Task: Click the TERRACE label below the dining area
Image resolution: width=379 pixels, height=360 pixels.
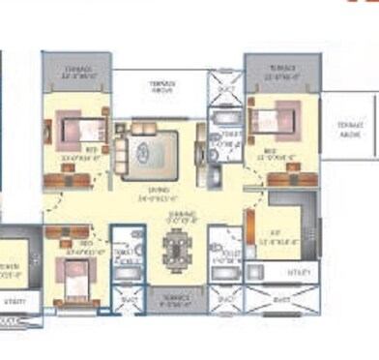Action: click(x=175, y=299)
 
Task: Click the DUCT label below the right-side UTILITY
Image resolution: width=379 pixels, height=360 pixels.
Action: click(x=280, y=301)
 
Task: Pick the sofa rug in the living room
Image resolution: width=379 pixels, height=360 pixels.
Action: click(x=145, y=151)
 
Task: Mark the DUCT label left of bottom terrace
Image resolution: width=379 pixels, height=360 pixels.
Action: click(x=129, y=301)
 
